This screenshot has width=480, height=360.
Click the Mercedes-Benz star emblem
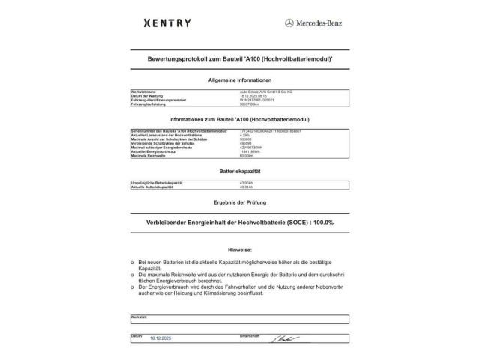point(289,23)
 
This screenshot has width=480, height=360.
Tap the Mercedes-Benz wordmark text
point(319,23)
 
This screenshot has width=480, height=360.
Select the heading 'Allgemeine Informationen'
point(239,79)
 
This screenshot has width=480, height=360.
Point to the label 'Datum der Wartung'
point(147,96)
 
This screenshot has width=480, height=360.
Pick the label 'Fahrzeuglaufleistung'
point(148,104)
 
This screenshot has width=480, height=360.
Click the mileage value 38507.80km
point(240,104)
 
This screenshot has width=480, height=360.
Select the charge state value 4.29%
point(234,134)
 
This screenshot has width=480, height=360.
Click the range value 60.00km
point(236,156)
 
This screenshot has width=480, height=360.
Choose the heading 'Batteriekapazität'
point(239,171)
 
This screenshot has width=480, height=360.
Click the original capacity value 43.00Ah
point(237,183)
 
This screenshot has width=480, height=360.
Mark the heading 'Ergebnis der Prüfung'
point(239,203)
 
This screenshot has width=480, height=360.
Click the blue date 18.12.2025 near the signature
point(160,339)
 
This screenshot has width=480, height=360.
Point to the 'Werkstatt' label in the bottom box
point(139,316)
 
